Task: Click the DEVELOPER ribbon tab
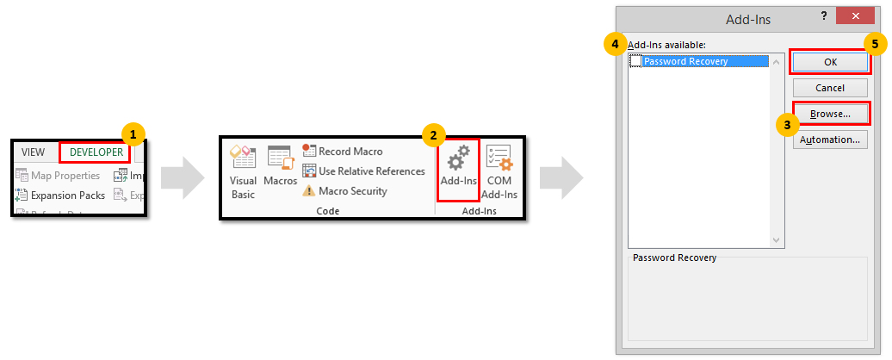coord(96,152)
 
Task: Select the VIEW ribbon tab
coord(33,152)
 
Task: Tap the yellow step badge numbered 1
coord(132,134)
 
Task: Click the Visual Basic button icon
coord(243,158)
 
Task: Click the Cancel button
coord(829,88)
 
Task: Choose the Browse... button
coord(829,114)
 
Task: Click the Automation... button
coord(829,140)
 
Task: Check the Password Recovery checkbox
coord(635,61)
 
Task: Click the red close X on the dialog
coord(855,16)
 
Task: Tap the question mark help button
coord(824,16)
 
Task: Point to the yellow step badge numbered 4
coord(615,44)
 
